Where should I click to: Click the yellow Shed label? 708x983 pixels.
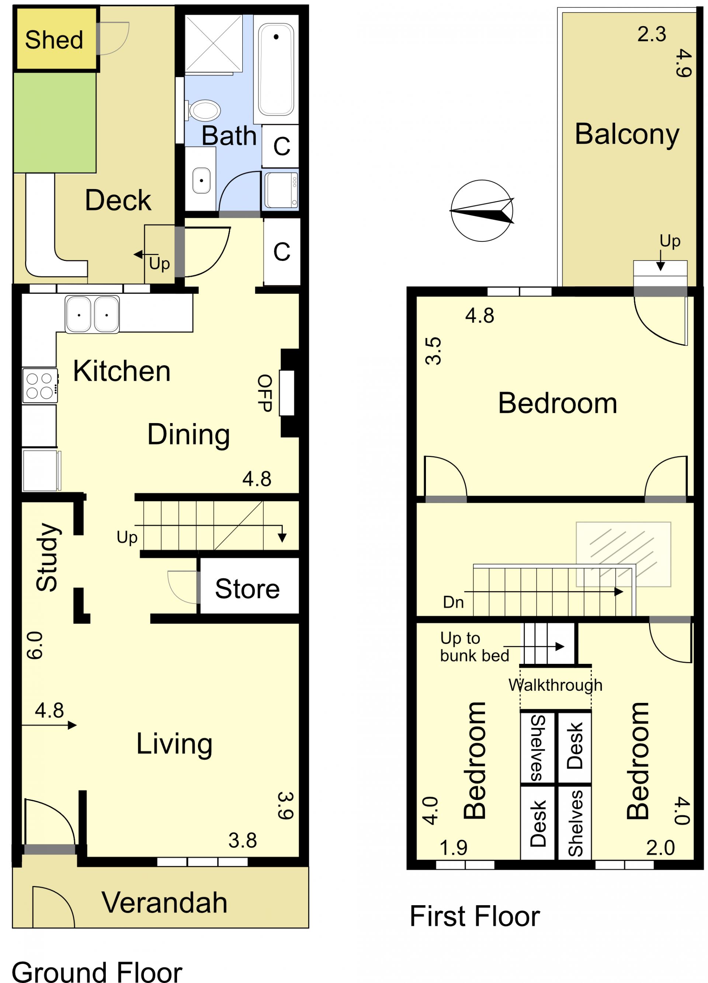(54, 40)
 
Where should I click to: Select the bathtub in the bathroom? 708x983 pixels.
(276, 69)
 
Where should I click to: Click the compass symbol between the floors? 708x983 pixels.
(482, 211)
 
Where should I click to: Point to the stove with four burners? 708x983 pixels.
(40, 385)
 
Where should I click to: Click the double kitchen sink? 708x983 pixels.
(92, 314)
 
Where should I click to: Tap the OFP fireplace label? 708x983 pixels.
(265, 393)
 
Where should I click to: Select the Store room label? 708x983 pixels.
(247, 589)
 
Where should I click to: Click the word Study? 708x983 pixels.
(47, 557)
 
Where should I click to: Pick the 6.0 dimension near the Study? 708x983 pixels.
(35, 645)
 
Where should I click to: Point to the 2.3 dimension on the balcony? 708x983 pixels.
(651, 34)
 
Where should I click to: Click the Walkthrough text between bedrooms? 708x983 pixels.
(555, 685)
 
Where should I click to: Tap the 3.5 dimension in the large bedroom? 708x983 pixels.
(433, 351)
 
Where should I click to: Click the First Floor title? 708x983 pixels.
(475, 917)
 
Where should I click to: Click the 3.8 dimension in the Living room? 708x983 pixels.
(243, 840)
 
